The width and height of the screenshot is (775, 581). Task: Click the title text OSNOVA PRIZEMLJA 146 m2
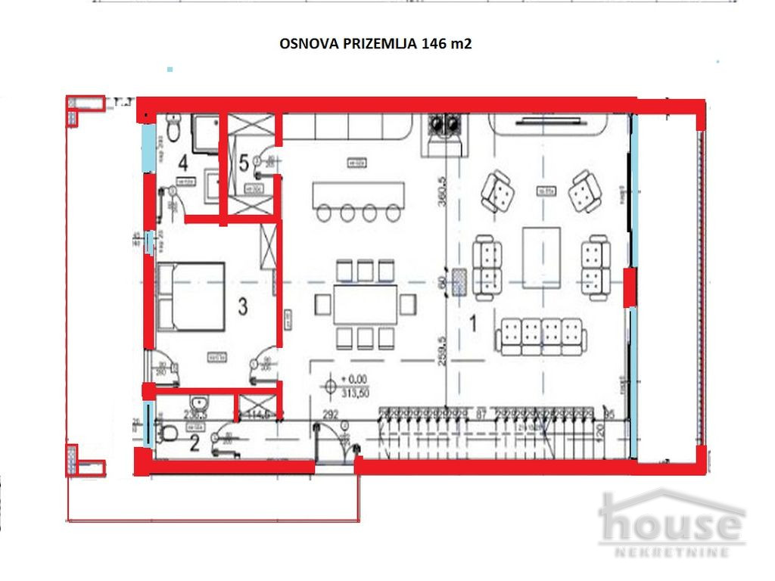coord(375,45)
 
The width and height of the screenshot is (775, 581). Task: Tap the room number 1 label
coord(473,323)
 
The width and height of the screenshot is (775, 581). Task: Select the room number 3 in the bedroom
coord(243,306)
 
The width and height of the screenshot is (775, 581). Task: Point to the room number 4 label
coord(182,161)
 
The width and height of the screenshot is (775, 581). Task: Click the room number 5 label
coord(243,161)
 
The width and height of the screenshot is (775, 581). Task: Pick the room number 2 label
coord(194,443)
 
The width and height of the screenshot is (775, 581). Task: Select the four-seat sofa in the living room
coord(541,334)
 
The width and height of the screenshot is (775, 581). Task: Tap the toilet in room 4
coord(173,130)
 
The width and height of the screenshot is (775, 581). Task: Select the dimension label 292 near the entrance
coord(330,414)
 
